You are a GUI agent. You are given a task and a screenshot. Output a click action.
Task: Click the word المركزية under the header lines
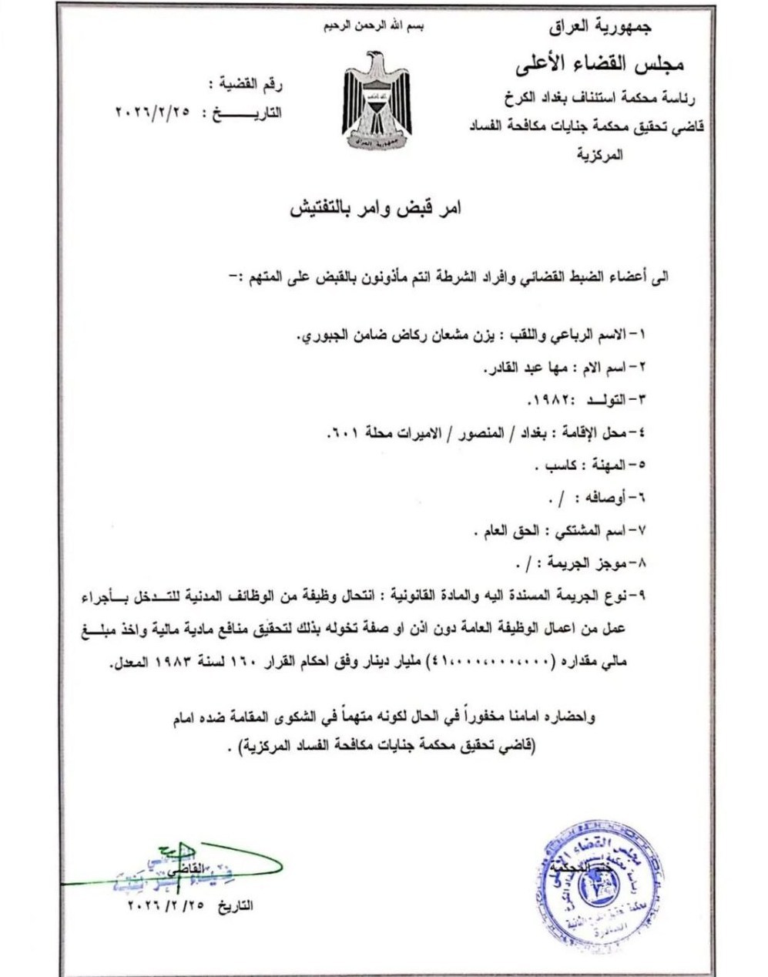[601, 155]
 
